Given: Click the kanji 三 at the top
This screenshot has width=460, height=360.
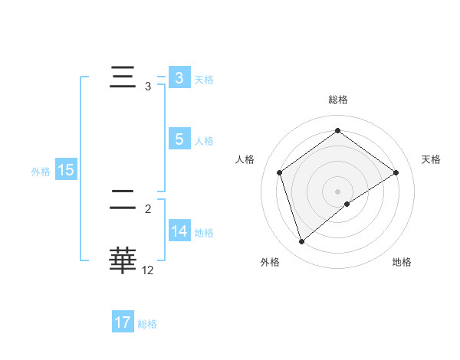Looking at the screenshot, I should tap(123, 78).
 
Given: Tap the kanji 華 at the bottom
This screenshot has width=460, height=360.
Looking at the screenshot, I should tap(123, 260).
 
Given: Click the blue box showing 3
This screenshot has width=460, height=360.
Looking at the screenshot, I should tap(179, 78).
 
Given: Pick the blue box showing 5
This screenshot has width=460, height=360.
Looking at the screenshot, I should tap(179, 139).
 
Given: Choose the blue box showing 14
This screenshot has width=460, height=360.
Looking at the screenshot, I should tap(179, 231).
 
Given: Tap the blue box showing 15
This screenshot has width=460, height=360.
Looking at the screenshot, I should tap(65, 171).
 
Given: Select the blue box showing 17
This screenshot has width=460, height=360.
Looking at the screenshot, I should tap(123, 322).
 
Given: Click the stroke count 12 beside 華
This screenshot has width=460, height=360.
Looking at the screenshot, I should tap(148, 270).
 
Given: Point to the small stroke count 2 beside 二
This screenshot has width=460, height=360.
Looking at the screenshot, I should tap(148, 208).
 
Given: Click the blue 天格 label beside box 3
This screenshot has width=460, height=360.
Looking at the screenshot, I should tap(204, 79).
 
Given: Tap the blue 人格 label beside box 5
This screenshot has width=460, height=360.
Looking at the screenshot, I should tap(204, 140).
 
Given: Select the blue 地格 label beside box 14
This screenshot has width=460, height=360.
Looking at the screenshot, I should tap(204, 232).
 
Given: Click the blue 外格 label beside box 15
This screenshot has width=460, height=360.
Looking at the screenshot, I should tap(41, 172).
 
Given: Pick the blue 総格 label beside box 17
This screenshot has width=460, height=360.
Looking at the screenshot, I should tap(147, 323).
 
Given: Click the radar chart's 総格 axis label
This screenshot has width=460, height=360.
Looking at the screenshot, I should tap(338, 100).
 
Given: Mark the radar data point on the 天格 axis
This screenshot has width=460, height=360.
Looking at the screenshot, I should tap(396, 172).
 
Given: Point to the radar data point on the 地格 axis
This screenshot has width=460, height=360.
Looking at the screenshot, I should tap(347, 204).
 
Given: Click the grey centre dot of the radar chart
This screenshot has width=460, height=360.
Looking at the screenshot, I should tap(338, 191).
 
